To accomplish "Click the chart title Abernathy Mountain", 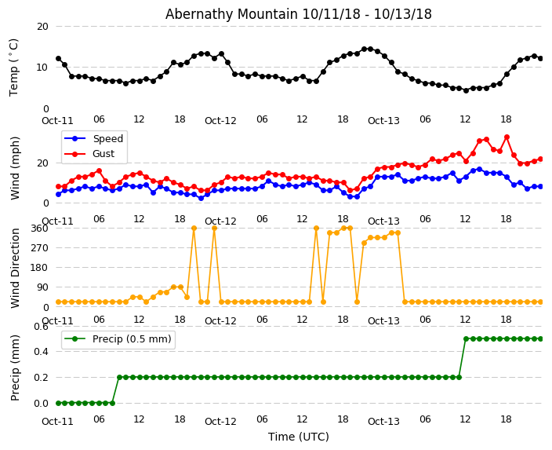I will coord(298,14).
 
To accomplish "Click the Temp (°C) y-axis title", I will coord(14,67).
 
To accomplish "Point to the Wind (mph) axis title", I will coord(15,167).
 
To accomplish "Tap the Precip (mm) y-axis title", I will coord(15,368).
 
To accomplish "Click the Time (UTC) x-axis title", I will coord(298,437).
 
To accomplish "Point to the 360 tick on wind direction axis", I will coord(39,228).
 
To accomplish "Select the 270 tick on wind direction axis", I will coord(39,247).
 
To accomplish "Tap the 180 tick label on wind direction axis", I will coord(39,267).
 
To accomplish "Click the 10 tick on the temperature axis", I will coord(42,68).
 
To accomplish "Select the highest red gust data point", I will coord(507,137).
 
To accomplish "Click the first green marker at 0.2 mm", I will coord(119,377).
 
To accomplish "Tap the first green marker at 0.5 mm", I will coord(466,338).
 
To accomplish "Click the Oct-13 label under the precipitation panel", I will coord(383,421).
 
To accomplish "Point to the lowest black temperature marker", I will coord(466,90).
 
